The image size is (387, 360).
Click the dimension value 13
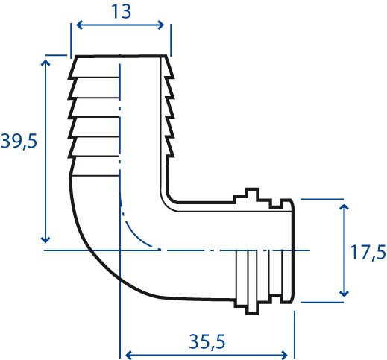tap(121, 12)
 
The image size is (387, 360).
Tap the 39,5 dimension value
tap(19, 141)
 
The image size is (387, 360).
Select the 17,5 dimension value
tap(368, 252)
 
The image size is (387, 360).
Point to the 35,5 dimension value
tap(207, 341)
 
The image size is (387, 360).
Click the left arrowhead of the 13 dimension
tap(79, 25)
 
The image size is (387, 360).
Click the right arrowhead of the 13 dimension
tap(161, 25)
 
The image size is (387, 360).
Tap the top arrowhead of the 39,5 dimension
tap(45, 63)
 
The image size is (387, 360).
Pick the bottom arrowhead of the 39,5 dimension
tap(45, 240)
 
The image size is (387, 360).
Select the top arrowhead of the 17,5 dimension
tap(344, 207)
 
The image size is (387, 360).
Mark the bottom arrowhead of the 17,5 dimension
tap(344, 294)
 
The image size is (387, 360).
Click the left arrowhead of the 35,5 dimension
tap(128, 355)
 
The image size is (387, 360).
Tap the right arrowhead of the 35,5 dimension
tap(284, 355)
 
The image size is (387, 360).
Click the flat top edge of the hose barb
tap(121, 57)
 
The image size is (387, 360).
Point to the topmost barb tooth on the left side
tap(72, 68)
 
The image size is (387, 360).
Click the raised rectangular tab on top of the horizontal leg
tap(252, 193)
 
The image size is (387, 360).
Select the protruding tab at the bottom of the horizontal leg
tap(252, 310)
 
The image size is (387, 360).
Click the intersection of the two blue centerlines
tap(120, 250)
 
